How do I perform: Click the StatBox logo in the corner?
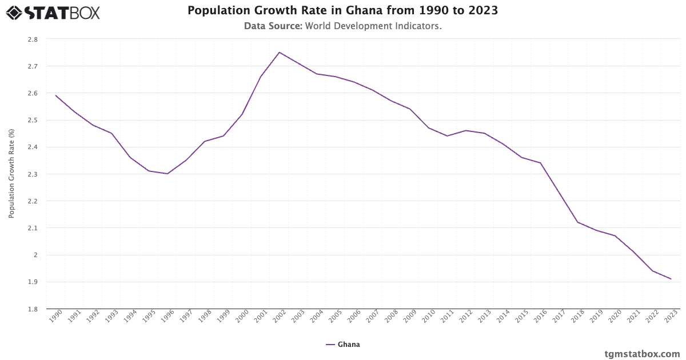(x=53, y=12)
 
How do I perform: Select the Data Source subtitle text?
(x=342, y=26)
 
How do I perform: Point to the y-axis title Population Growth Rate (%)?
(x=11, y=174)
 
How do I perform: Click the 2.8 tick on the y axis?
(x=33, y=39)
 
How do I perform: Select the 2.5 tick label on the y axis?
(x=33, y=120)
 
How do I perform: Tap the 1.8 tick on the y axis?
(x=33, y=309)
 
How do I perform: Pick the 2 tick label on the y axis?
(x=35, y=255)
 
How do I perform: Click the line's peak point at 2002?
(x=279, y=53)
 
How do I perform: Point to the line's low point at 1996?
(x=167, y=174)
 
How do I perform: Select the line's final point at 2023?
(x=671, y=279)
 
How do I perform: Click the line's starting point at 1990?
(x=55, y=95)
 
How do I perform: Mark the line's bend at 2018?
(x=577, y=222)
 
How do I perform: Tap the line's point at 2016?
(x=540, y=163)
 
